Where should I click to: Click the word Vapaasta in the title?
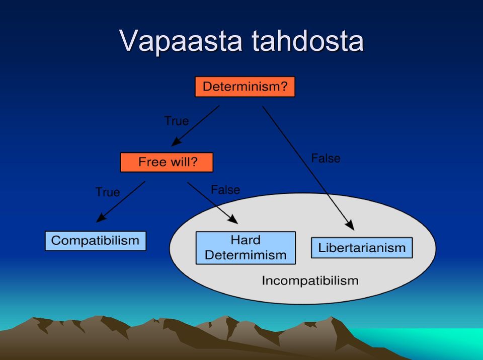coord(181,41)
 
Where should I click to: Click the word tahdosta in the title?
coord(308,41)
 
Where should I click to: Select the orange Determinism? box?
coord(245,87)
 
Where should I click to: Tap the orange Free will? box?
coord(167,162)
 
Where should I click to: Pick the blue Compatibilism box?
coord(96,241)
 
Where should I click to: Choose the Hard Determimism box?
coord(246,248)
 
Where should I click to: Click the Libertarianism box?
coord(362,248)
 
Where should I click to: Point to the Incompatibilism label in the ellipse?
coord(310,280)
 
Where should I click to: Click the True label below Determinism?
coord(177,121)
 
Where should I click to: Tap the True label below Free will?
coord(108,192)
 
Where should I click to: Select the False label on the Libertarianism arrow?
coord(326,159)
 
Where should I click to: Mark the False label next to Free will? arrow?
coord(225,190)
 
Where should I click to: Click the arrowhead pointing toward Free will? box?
coord(176,142)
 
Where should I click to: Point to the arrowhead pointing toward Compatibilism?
coord(101,218)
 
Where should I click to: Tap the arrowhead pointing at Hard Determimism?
coord(233,219)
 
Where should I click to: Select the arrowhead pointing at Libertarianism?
coord(350,225)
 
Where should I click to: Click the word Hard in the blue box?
coord(246,240)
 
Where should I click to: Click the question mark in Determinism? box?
coord(284,86)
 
